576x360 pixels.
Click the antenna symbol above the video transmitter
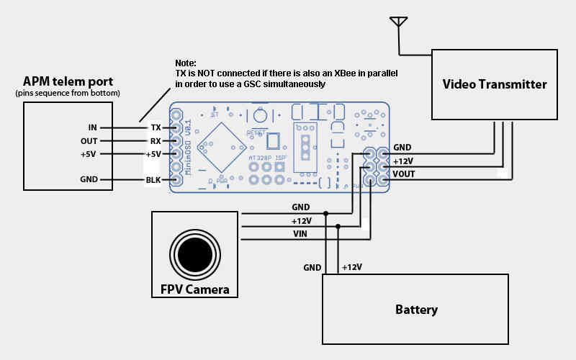pos(397,22)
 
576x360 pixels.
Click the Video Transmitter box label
pos(494,84)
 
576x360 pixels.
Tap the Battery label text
pos(416,310)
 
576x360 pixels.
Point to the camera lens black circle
pos(194,253)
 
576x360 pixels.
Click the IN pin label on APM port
pos(91,127)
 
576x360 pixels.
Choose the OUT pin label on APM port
pos(89,141)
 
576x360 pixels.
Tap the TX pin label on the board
pos(155,127)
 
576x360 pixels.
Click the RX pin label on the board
pos(155,141)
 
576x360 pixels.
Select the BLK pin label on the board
pos(153,180)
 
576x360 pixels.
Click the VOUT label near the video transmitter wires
pos(404,174)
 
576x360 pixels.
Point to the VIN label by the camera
pos(301,233)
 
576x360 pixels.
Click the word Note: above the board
pos(186,63)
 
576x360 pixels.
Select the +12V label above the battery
pos(351,267)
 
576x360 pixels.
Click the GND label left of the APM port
pos(90,180)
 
